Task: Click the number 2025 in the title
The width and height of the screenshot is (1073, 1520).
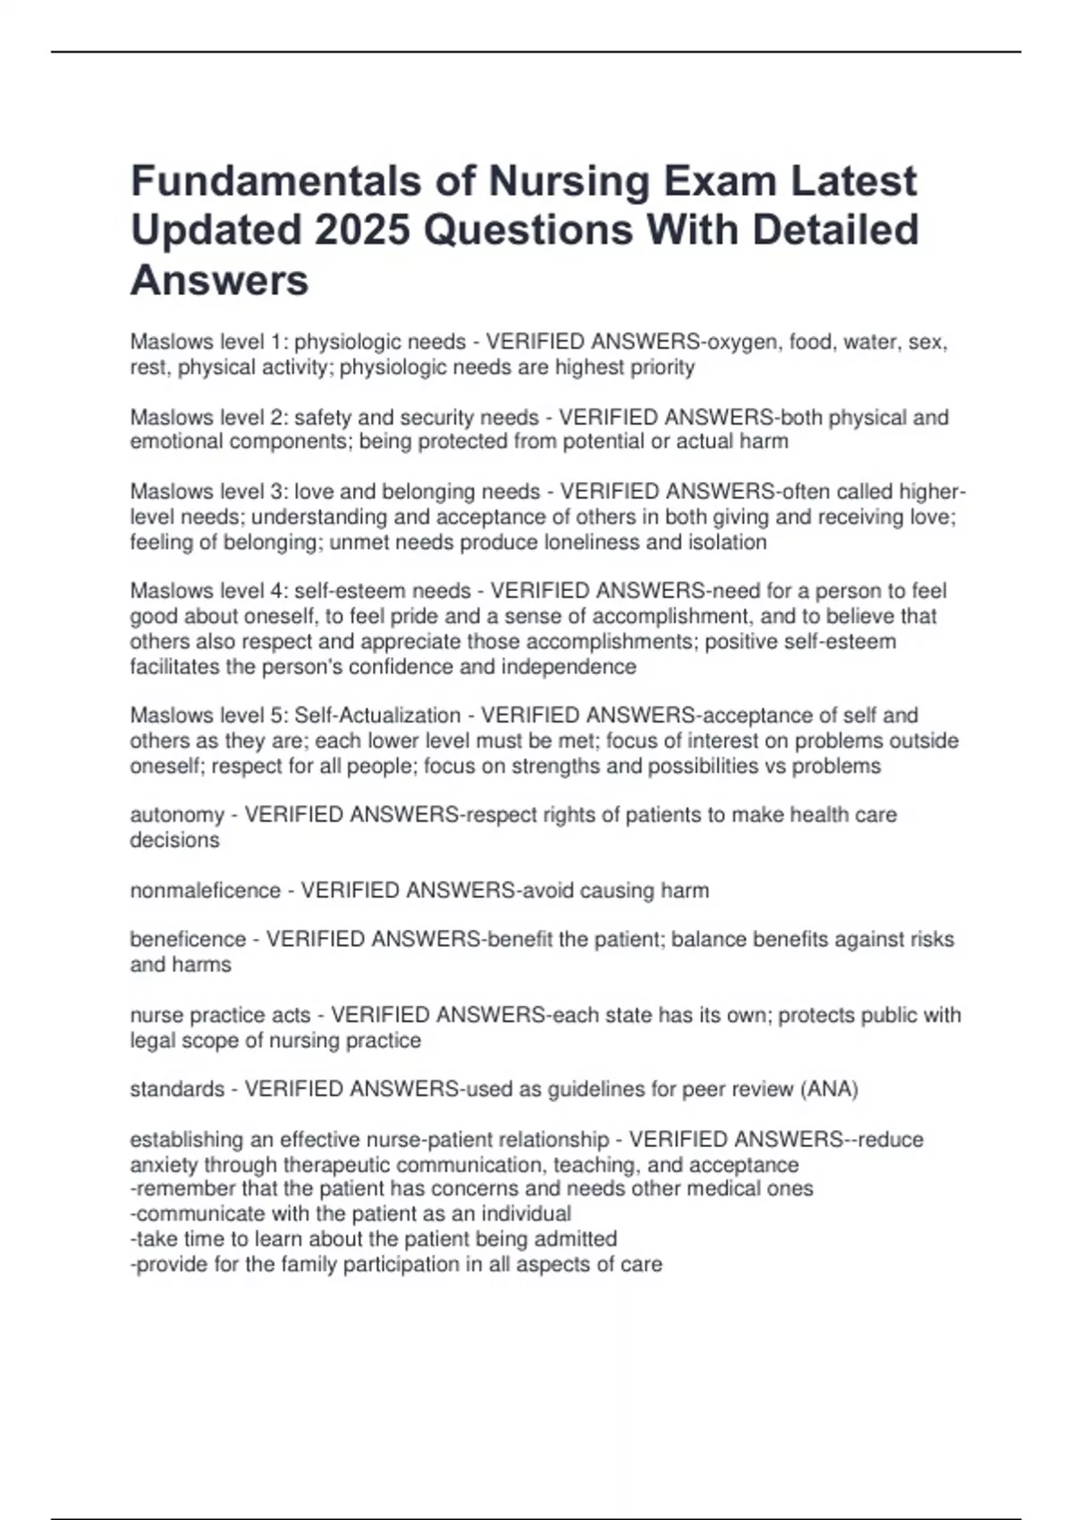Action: tap(363, 230)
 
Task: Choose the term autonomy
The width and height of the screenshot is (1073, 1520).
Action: tap(177, 815)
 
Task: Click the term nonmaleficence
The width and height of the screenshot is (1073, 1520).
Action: tap(206, 891)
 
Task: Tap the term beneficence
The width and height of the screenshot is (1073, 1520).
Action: tap(188, 940)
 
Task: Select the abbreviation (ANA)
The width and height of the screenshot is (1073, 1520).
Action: tap(829, 1090)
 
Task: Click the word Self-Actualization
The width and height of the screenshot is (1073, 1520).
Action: tap(377, 716)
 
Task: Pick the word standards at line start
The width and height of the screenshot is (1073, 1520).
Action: tap(177, 1090)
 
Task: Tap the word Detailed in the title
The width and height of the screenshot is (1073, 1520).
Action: tap(835, 230)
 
